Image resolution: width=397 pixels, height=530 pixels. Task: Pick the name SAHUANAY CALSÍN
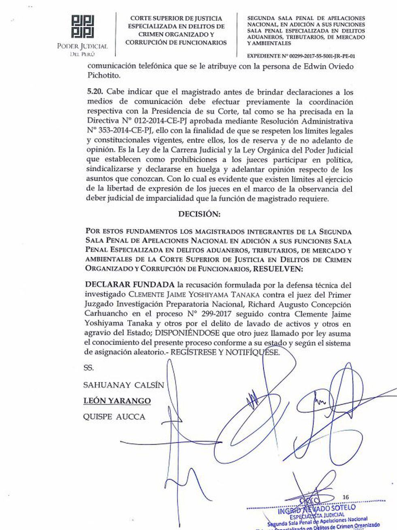click(x=124, y=385)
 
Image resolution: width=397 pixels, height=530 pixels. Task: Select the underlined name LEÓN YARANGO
click(x=117, y=401)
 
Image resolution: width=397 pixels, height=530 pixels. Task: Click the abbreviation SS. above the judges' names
click(x=88, y=369)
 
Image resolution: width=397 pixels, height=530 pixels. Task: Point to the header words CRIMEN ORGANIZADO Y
click(x=176, y=35)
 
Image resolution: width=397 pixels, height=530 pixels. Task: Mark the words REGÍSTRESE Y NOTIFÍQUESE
click(x=225, y=352)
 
